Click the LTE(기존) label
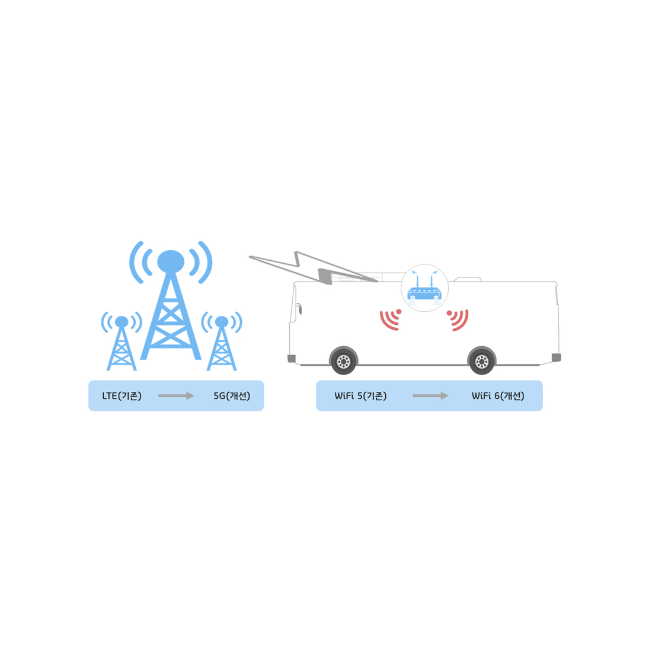[x=122, y=396]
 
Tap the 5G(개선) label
[x=232, y=396]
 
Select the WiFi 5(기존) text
[x=360, y=396]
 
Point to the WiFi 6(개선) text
[x=498, y=396]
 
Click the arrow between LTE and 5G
[x=176, y=396]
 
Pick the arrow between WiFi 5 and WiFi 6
[x=430, y=396]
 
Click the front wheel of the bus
[x=343, y=361]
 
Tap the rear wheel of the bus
[x=481, y=361]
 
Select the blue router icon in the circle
[x=424, y=287]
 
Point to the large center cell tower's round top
[x=171, y=261]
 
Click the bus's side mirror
[x=299, y=309]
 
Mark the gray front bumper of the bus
[x=292, y=359]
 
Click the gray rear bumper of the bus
[x=557, y=357]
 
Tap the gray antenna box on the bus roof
[x=325, y=276]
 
